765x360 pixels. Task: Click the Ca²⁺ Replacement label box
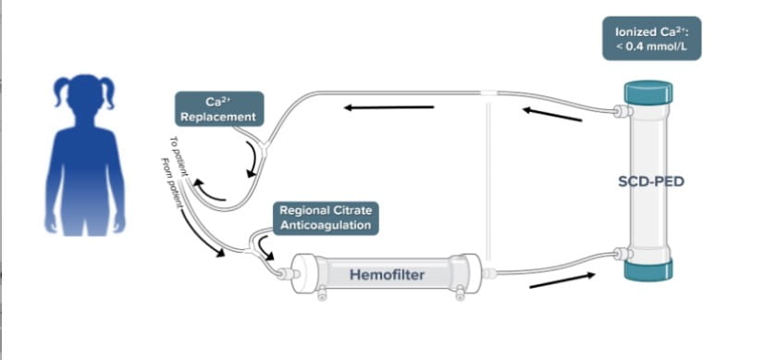point(219,108)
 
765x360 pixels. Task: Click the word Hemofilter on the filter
point(387,274)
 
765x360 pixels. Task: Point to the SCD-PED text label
point(651,181)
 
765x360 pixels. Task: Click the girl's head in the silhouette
point(84,97)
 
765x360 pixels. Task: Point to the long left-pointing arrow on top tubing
point(389,107)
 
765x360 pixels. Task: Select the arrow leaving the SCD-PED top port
point(552,115)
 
